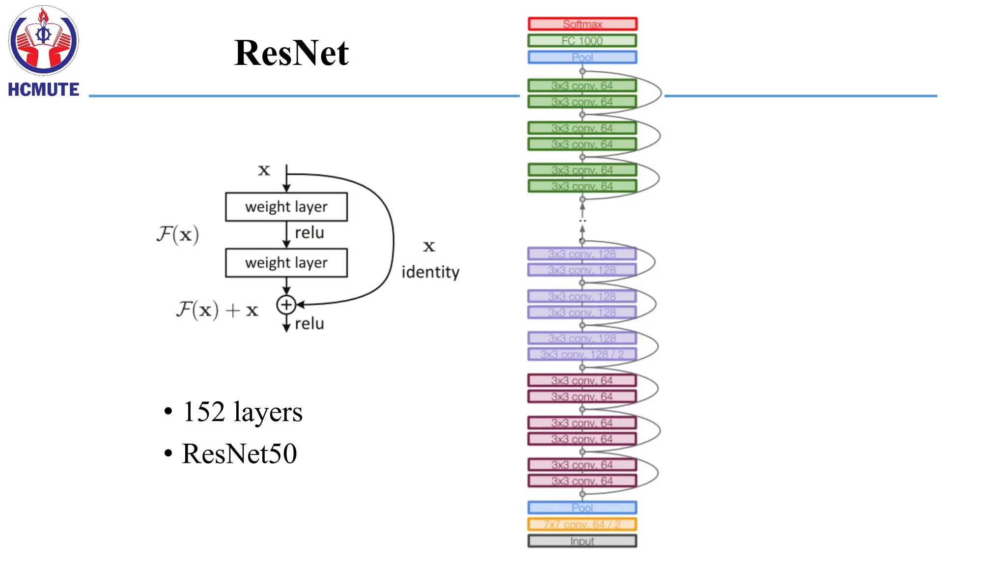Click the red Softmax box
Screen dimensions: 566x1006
pyautogui.click(x=582, y=24)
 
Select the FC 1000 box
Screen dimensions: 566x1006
pyautogui.click(x=582, y=41)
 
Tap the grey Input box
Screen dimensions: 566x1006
pyautogui.click(x=582, y=541)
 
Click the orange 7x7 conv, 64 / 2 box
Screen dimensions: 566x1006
pyautogui.click(x=582, y=524)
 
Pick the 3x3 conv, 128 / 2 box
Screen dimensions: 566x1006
pyautogui.click(x=582, y=354)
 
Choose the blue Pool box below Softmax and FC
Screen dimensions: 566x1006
pyautogui.click(x=582, y=57)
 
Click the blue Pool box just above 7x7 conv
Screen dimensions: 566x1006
pyautogui.click(x=582, y=508)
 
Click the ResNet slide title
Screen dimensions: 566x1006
pyautogui.click(x=291, y=53)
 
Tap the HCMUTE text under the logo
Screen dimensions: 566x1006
pyautogui.click(x=43, y=89)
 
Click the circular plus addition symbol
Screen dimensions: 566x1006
pyautogui.click(x=286, y=305)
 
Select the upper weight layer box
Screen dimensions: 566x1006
pyautogui.click(x=286, y=207)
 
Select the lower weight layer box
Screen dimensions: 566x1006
pyautogui.click(x=286, y=263)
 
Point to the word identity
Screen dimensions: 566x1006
pyautogui.click(x=430, y=272)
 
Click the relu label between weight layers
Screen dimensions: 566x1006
pyautogui.click(x=309, y=232)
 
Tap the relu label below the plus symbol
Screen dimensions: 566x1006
pyautogui.click(x=309, y=324)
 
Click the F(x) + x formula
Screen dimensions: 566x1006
pyautogui.click(x=217, y=310)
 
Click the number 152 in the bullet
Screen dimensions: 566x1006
pyautogui.click(x=204, y=412)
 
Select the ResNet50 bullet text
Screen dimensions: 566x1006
pyautogui.click(x=239, y=453)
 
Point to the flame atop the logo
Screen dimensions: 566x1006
pyautogui.click(x=43, y=17)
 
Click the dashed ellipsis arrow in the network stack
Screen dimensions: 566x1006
pyautogui.click(x=582, y=220)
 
